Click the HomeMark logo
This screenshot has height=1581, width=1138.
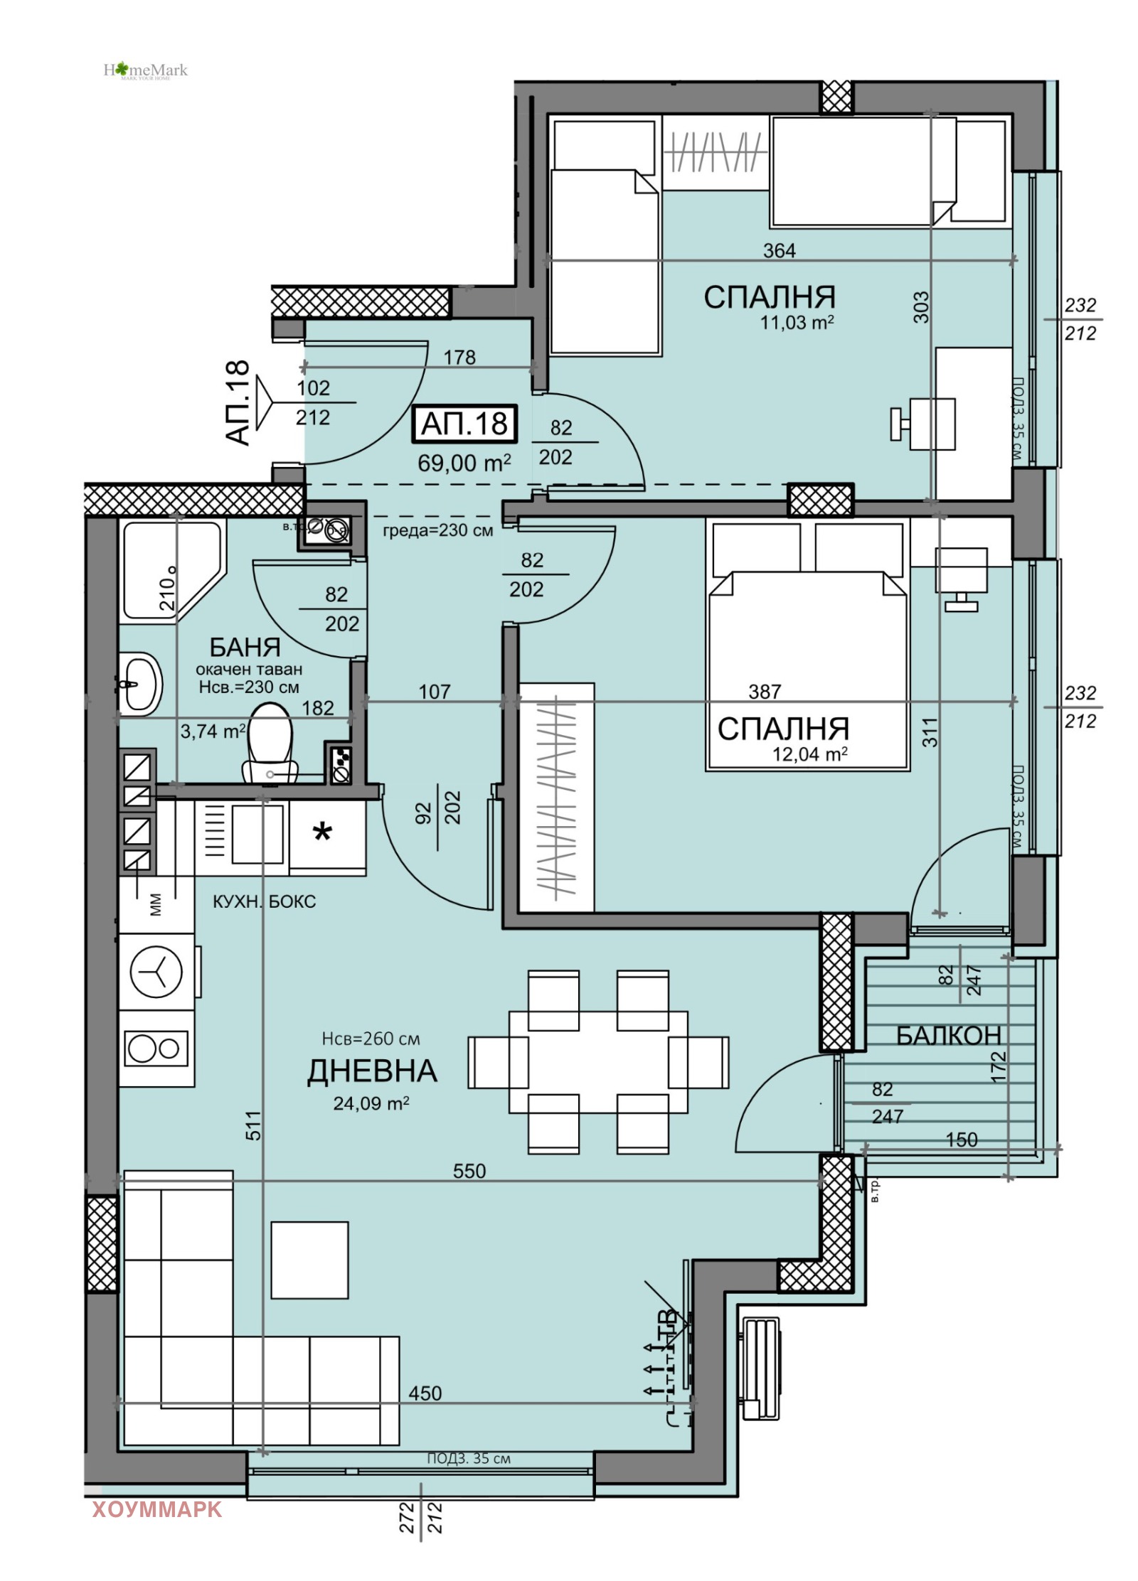point(145,70)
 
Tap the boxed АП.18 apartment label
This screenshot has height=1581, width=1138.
point(464,424)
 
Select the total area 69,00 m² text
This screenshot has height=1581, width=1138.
point(464,463)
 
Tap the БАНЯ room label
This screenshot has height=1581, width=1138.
point(245,647)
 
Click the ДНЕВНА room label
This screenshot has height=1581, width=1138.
point(371,1071)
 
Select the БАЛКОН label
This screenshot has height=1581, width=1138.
point(947,1036)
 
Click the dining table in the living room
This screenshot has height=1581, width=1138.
point(597,1062)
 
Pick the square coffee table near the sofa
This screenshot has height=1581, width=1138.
point(309,1260)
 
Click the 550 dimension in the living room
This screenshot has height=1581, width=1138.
point(469,1171)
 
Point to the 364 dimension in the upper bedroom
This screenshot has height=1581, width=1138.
point(779,250)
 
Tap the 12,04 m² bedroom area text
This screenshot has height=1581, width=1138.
point(809,754)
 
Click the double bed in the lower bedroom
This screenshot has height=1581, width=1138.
point(807,668)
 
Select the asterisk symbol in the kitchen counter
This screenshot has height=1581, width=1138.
point(322,831)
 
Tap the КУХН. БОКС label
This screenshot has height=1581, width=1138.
point(264,901)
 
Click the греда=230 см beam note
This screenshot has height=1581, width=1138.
point(437,530)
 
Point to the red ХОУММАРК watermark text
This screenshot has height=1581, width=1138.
point(156,1508)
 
